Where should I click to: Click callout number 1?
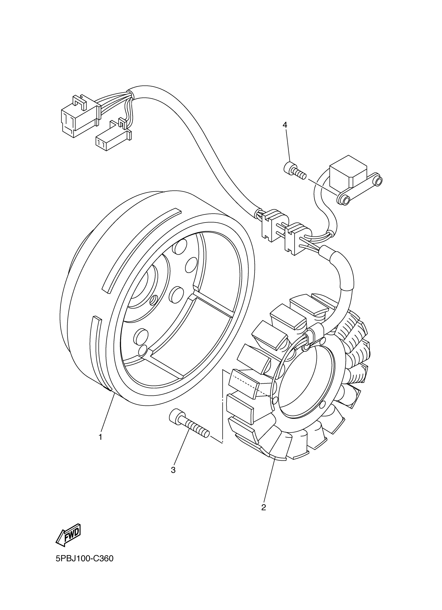tap(100, 437)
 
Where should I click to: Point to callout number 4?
tap(285, 124)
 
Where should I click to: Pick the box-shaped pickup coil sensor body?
tap(348, 172)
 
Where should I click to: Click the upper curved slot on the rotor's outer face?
tap(140, 247)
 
